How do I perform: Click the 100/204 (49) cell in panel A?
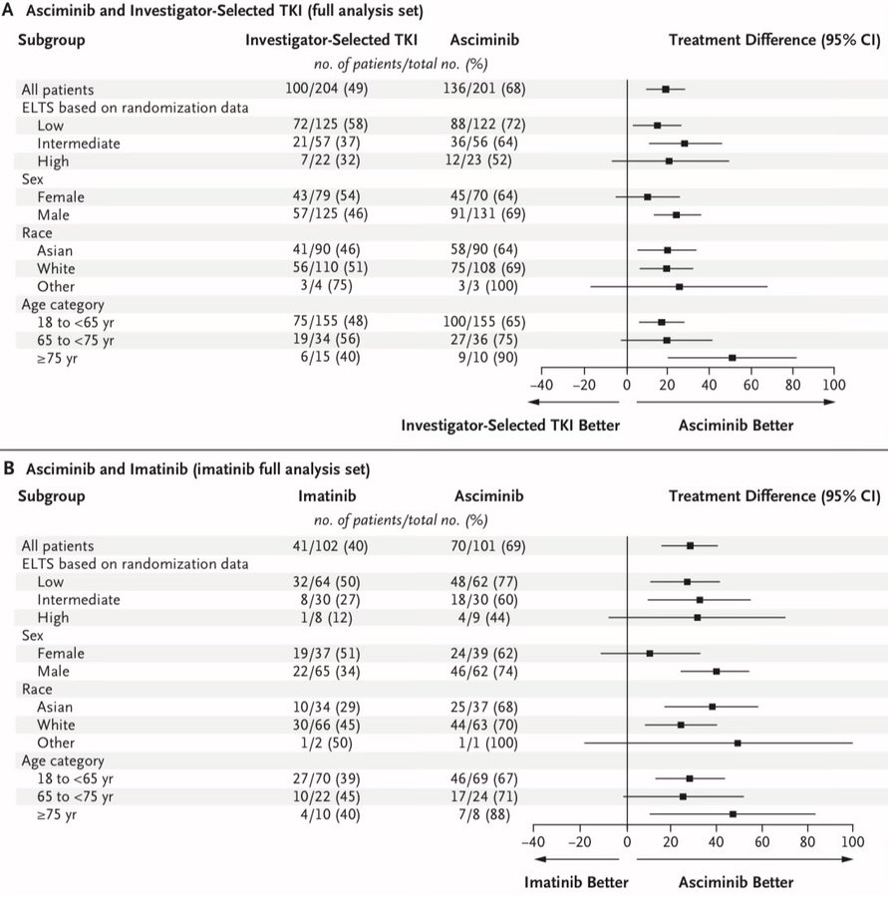tap(327, 89)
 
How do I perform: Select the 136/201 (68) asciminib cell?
tap(484, 89)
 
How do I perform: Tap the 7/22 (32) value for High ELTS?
tap(330, 160)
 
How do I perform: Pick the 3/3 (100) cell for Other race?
tap(487, 285)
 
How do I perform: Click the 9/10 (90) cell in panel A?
tap(487, 357)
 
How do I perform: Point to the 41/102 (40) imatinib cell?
tap(330, 546)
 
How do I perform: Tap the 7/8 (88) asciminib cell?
tap(484, 814)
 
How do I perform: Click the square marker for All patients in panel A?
tap(666, 90)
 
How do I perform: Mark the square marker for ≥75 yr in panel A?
tap(733, 358)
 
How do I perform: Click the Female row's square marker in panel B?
tap(650, 653)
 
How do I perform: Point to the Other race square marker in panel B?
tap(738, 744)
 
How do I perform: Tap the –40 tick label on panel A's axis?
tap(541, 385)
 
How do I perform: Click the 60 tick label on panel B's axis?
tap(762, 842)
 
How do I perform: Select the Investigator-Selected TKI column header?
tap(331, 40)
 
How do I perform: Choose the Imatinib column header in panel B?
tap(327, 496)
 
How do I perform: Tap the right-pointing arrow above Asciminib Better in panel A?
tap(736, 403)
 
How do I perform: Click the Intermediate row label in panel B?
tap(79, 600)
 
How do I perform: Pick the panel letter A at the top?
tap(8, 10)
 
